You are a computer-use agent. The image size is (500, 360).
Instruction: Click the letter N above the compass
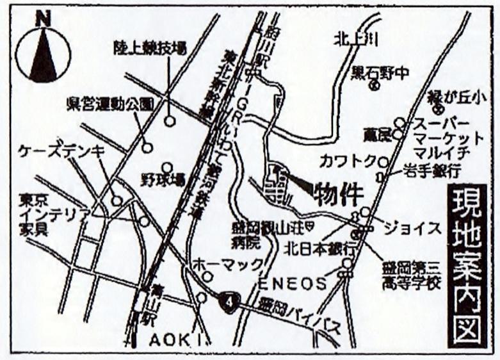click(x=44, y=20)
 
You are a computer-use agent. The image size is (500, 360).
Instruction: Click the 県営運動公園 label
click(x=110, y=103)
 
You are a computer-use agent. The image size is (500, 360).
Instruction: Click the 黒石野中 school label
click(x=380, y=72)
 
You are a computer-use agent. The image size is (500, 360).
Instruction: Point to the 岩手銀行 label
click(x=432, y=171)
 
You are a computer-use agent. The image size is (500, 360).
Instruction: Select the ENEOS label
click(x=293, y=282)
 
